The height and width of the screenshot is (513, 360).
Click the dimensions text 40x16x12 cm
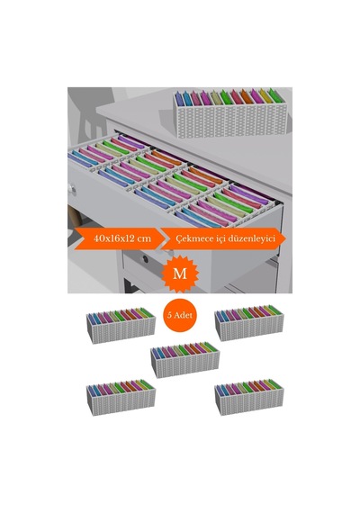pos(122,238)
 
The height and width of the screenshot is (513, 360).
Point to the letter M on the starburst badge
pos(180,274)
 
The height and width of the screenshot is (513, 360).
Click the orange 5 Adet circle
pos(180,315)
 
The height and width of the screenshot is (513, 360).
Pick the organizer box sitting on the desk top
pos(230,112)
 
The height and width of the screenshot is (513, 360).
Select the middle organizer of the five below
pos(184,360)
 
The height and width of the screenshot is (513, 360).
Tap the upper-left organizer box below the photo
pos(121,325)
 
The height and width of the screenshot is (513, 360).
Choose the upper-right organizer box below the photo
pos(249,323)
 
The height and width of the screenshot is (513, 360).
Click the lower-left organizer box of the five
pos(121,397)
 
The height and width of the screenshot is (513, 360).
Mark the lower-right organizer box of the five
pos(249,397)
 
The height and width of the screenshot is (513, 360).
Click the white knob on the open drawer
pos(72,189)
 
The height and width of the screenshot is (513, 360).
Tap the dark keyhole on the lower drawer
pos(145,259)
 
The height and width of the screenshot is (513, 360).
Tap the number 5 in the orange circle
pos(169,315)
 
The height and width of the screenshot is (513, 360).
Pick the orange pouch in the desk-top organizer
pos(247,97)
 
